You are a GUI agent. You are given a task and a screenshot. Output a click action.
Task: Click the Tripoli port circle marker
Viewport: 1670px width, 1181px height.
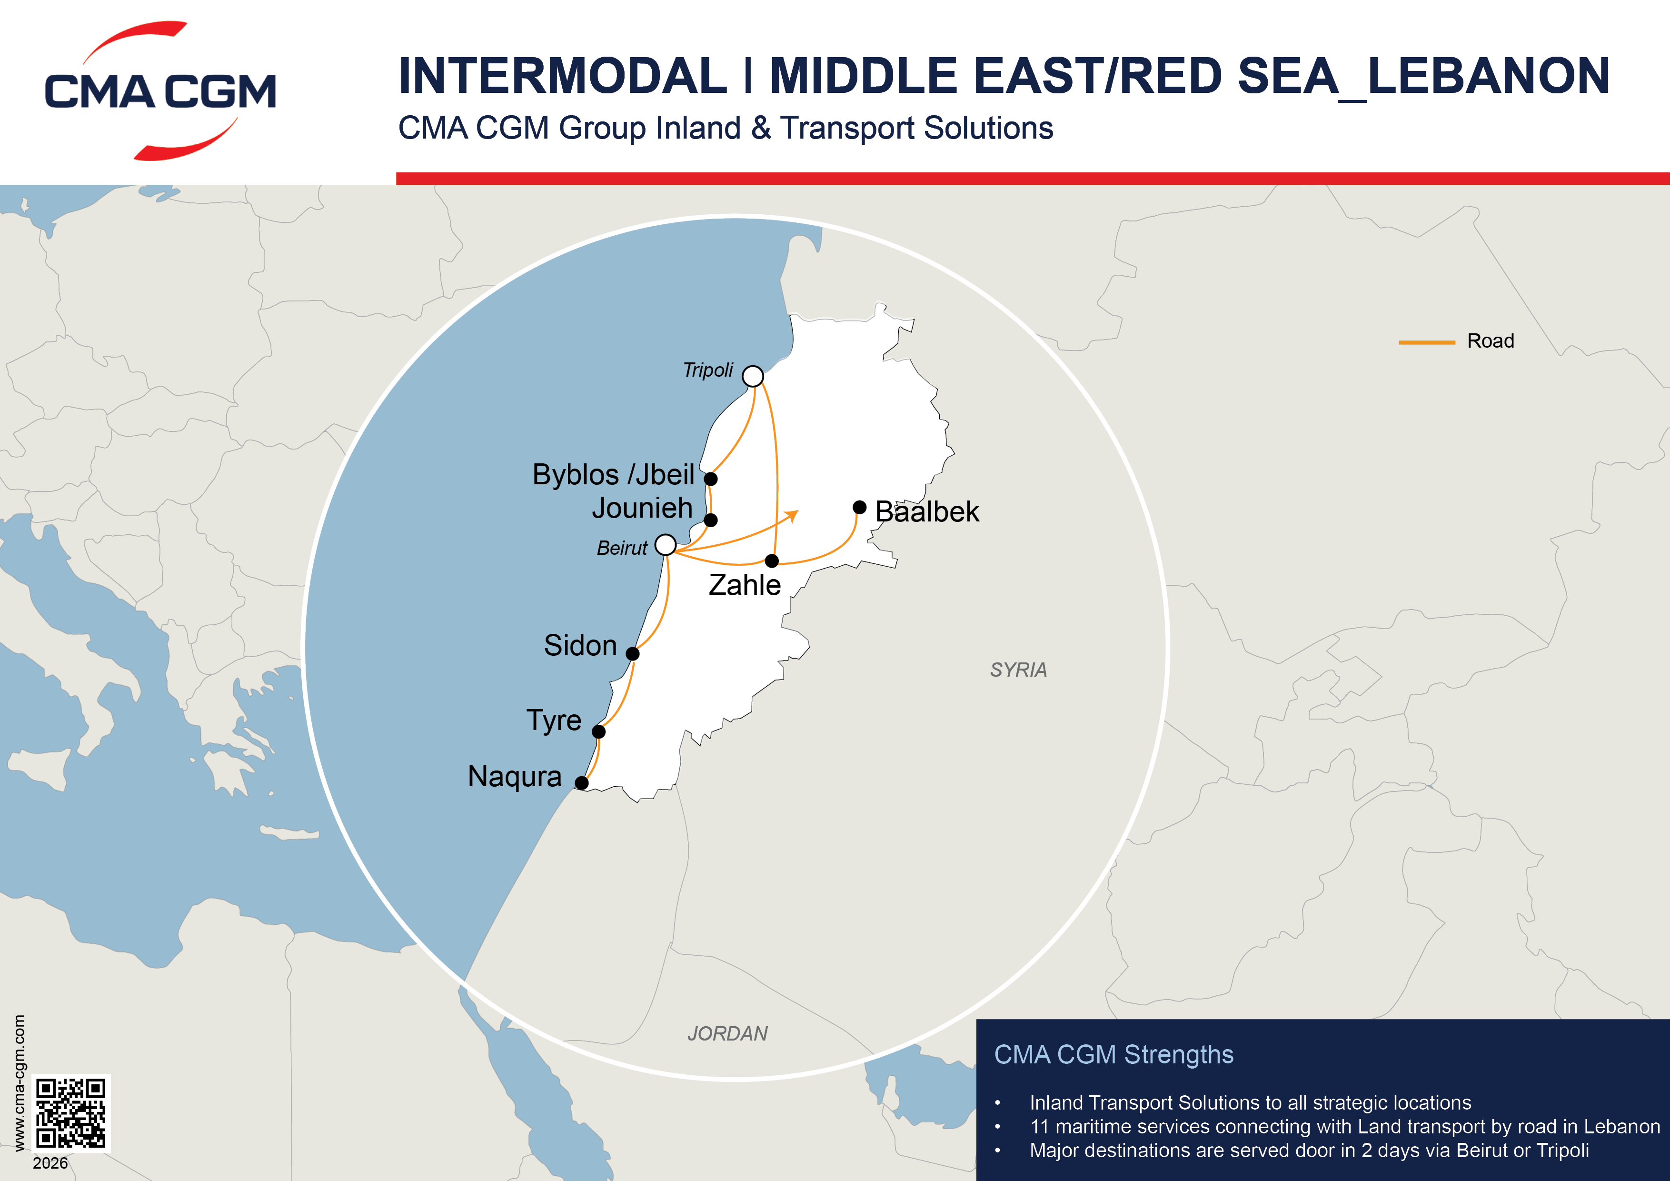click(x=753, y=376)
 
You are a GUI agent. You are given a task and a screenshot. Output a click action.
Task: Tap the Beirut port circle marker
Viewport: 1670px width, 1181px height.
click(x=666, y=544)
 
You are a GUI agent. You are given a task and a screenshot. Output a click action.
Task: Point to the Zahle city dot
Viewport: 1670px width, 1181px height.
click(x=772, y=561)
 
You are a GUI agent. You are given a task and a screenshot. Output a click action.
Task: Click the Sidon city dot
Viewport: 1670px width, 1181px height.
click(x=633, y=653)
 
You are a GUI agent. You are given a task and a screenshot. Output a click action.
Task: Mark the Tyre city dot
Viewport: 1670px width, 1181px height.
click(x=598, y=731)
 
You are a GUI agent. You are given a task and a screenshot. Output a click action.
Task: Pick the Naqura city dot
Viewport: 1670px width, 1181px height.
click(x=581, y=783)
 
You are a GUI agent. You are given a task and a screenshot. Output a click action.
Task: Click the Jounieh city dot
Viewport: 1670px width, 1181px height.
click(x=711, y=520)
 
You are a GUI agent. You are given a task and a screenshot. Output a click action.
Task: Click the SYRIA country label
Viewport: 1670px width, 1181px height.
click(x=1018, y=670)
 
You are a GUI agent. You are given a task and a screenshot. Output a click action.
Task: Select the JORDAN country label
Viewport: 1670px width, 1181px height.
click(x=727, y=1033)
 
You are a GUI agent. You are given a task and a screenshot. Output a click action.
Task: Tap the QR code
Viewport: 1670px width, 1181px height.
click(x=71, y=1113)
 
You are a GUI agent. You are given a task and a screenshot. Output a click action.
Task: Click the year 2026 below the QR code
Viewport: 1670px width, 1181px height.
click(x=50, y=1163)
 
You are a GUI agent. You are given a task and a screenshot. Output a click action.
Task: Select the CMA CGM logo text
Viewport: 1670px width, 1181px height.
click(x=160, y=92)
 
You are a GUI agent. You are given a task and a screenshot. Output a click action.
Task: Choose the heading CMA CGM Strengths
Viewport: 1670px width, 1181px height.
click(x=1113, y=1054)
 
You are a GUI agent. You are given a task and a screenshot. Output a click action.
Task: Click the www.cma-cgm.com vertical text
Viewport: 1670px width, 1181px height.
click(x=20, y=1083)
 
